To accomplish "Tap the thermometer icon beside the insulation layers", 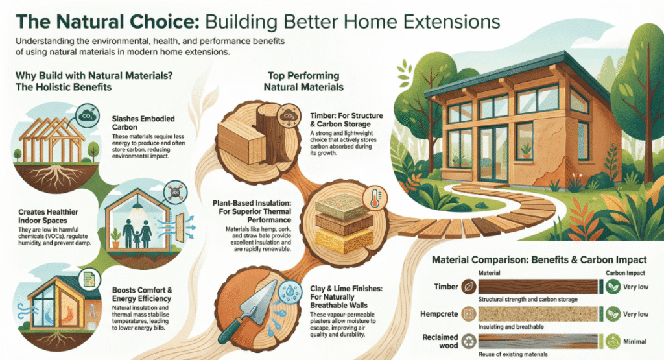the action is pyautogui.click(x=374, y=198).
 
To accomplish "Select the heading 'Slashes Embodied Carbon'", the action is pyautogui.click(x=143, y=123).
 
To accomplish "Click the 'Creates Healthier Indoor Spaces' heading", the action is pyautogui.click(x=48, y=216).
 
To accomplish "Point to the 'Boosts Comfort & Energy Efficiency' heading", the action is pyautogui.click(x=142, y=294).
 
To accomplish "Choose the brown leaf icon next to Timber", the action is pyautogui.click(x=469, y=287).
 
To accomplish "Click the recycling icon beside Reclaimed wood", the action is pyautogui.click(x=469, y=341).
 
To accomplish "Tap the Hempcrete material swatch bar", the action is pyautogui.click(x=538, y=314).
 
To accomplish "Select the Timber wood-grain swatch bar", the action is pyautogui.click(x=538, y=286).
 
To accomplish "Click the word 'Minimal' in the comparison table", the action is pyautogui.click(x=635, y=341).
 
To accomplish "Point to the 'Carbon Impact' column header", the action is pyautogui.click(x=625, y=273).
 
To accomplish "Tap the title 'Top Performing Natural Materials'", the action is pyautogui.click(x=303, y=81).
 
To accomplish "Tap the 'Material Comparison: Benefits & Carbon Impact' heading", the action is pyautogui.click(x=539, y=259).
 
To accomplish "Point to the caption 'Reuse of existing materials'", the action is pyautogui.click(x=513, y=354).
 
